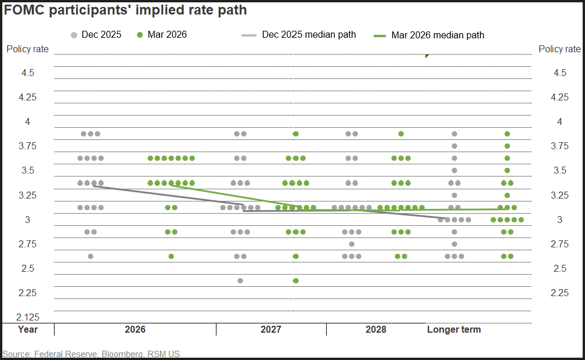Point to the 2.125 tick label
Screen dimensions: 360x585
tap(27, 317)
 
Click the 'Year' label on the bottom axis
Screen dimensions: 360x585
tap(27, 329)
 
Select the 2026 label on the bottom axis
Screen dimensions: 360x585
tap(135, 329)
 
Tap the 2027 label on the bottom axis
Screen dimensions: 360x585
tap(271, 329)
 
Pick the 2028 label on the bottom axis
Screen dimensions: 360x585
tap(376, 329)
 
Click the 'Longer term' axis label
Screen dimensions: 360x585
tap(454, 329)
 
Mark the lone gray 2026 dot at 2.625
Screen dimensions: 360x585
tap(91, 256)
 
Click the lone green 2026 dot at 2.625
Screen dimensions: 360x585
tap(171, 256)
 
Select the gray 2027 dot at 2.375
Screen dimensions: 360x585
tap(240, 280)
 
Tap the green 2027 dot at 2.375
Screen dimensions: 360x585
tap(295, 280)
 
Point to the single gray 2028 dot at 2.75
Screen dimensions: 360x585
tap(352, 244)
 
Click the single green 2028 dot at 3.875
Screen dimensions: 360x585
tap(401, 134)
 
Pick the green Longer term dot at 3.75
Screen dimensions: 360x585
tap(507, 146)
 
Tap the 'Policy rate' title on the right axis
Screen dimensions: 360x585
tap(559, 49)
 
